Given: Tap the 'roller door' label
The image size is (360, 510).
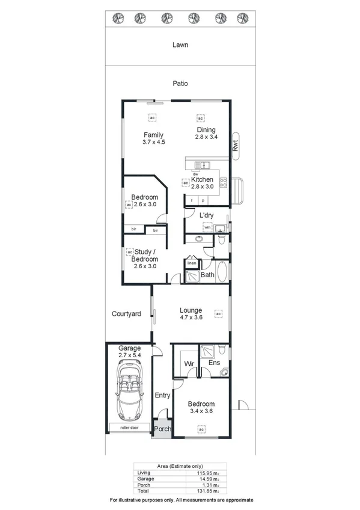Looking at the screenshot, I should tap(129, 428).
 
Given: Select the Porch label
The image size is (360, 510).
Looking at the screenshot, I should tap(162, 429).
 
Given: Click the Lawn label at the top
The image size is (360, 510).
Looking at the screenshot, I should tap(180, 45).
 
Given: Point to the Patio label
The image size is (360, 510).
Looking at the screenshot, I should tap(180, 84).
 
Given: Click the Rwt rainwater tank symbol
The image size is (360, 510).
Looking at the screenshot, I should tap(236, 145).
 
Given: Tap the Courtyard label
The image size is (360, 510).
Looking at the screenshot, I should tap(126, 314).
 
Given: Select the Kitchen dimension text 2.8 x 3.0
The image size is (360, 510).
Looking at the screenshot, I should tap(203, 186).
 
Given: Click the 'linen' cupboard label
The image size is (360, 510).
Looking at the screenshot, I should tap(192, 263).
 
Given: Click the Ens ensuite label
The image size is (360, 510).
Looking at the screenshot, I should tap(214, 363).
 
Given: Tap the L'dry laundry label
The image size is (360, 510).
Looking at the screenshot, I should tap(207, 215).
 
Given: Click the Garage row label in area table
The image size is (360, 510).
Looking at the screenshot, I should tap(145, 478).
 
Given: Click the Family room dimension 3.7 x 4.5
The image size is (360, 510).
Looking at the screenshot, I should tap(154, 142).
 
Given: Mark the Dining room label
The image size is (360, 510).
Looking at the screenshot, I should tap(206, 130).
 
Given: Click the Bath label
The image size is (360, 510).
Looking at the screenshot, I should tap(208, 275).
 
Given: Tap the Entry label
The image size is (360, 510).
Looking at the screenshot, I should tap(162, 395).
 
